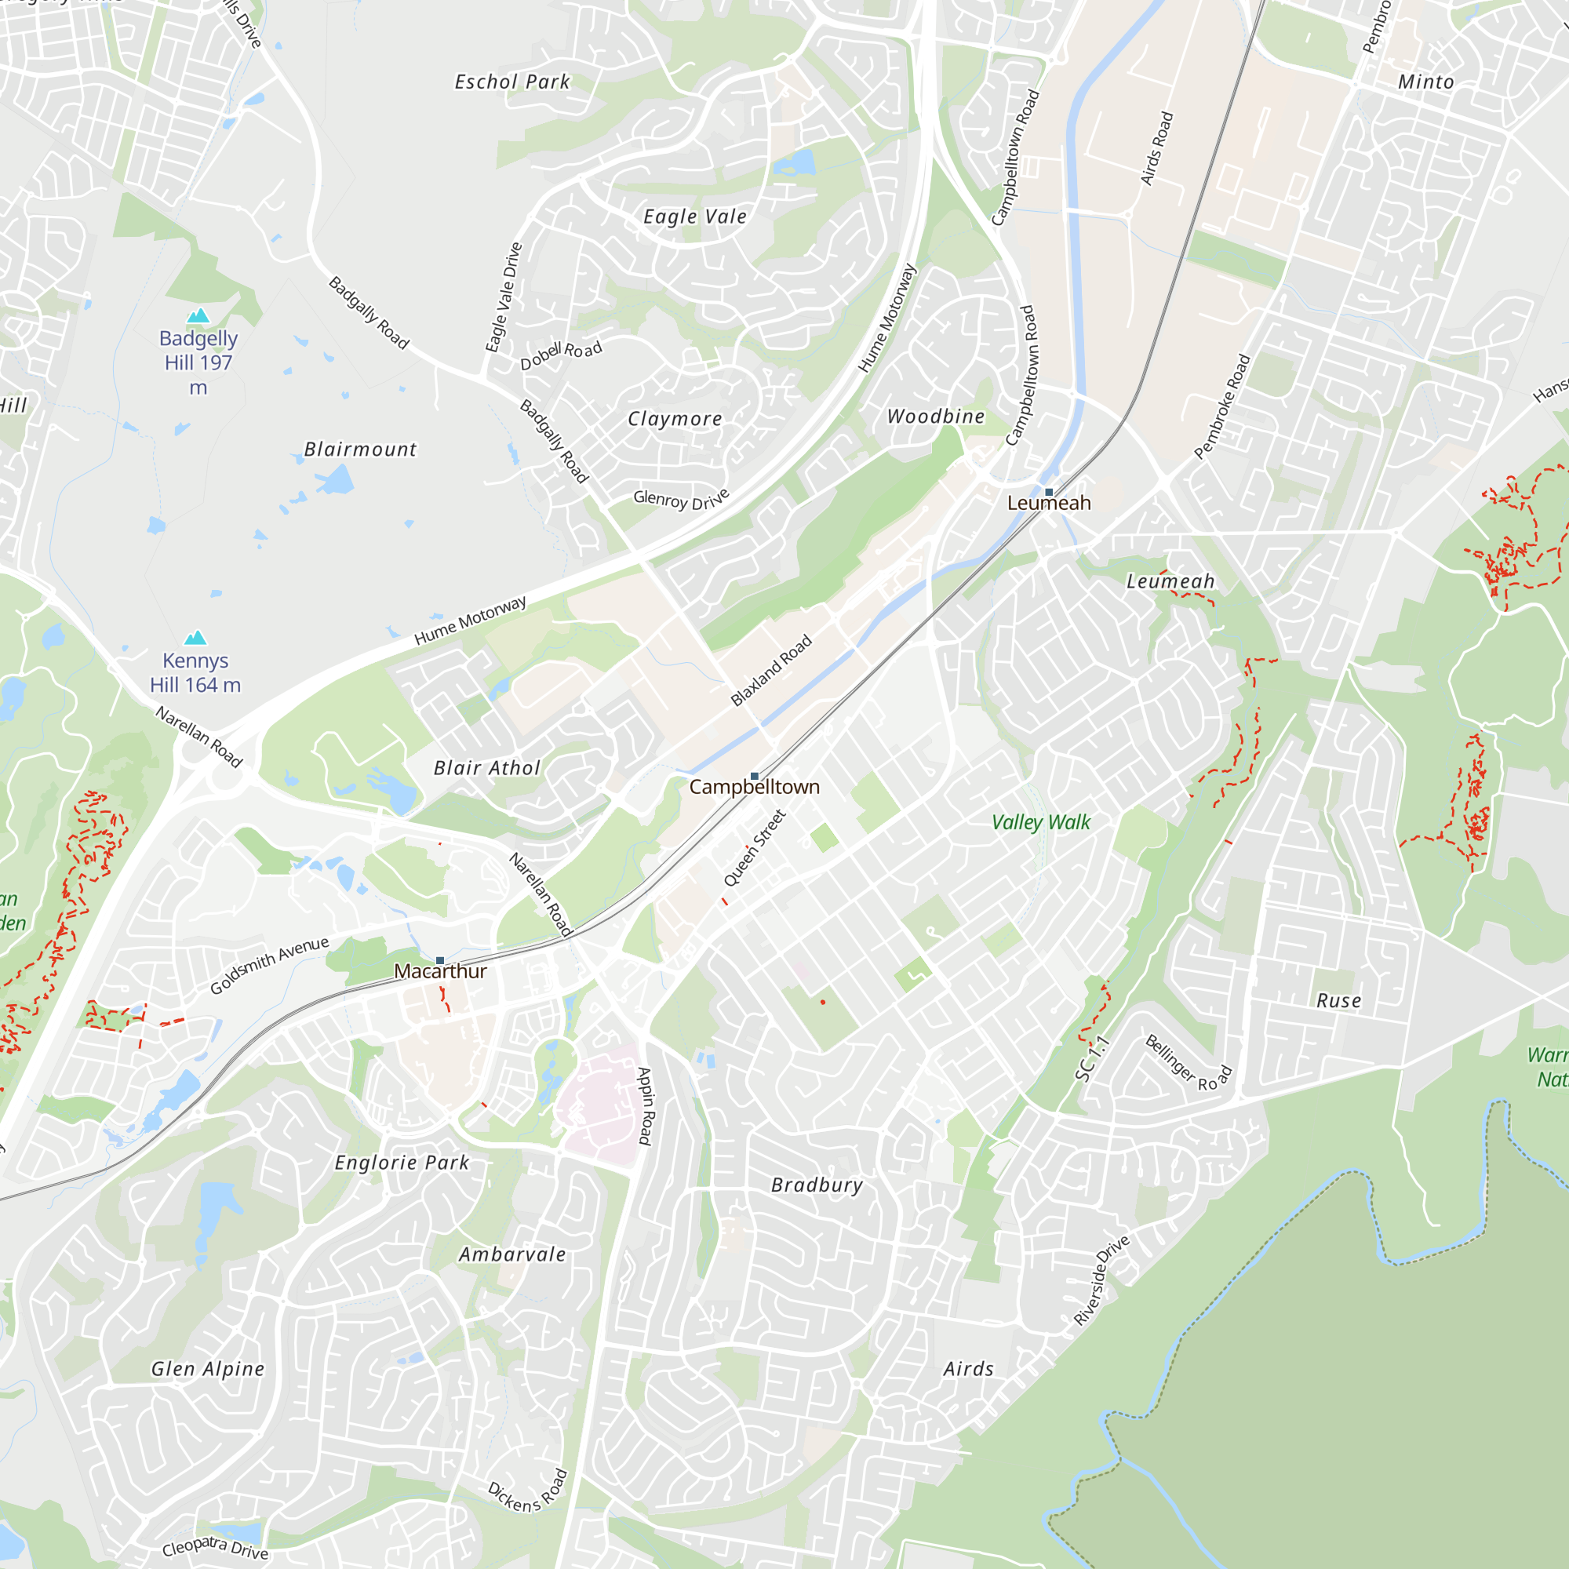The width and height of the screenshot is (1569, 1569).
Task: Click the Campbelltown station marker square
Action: click(x=755, y=777)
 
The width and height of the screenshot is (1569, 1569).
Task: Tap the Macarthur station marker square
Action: click(x=440, y=961)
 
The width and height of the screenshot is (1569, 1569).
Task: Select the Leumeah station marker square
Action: click(x=1049, y=492)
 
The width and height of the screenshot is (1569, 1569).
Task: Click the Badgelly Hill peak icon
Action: click(x=198, y=316)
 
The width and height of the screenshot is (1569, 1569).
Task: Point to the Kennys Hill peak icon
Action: click(x=195, y=639)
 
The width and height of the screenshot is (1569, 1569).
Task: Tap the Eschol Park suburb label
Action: click(x=512, y=82)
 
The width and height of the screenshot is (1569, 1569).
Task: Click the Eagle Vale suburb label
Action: click(x=695, y=217)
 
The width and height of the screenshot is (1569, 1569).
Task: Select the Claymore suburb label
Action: click(x=675, y=419)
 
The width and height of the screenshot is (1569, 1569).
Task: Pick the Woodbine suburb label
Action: click(x=936, y=417)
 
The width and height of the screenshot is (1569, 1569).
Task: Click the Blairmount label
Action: click(x=361, y=450)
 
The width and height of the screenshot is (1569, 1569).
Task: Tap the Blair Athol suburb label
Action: click(x=487, y=768)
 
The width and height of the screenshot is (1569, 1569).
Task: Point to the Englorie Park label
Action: click(x=402, y=1163)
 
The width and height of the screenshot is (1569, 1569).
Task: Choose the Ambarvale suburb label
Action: click(x=512, y=1254)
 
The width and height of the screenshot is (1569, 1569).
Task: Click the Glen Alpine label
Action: click(x=209, y=1369)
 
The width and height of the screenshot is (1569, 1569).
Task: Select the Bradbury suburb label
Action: click(x=817, y=1185)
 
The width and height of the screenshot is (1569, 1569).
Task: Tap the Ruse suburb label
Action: click(x=1339, y=1000)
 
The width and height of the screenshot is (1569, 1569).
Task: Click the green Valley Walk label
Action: click(x=1041, y=823)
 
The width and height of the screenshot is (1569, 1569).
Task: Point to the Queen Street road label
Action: click(x=755, y=848)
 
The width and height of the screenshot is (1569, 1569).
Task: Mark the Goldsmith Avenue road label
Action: click(x=270, y=965)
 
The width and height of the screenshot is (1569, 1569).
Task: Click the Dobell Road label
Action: click(x=561, y=355)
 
